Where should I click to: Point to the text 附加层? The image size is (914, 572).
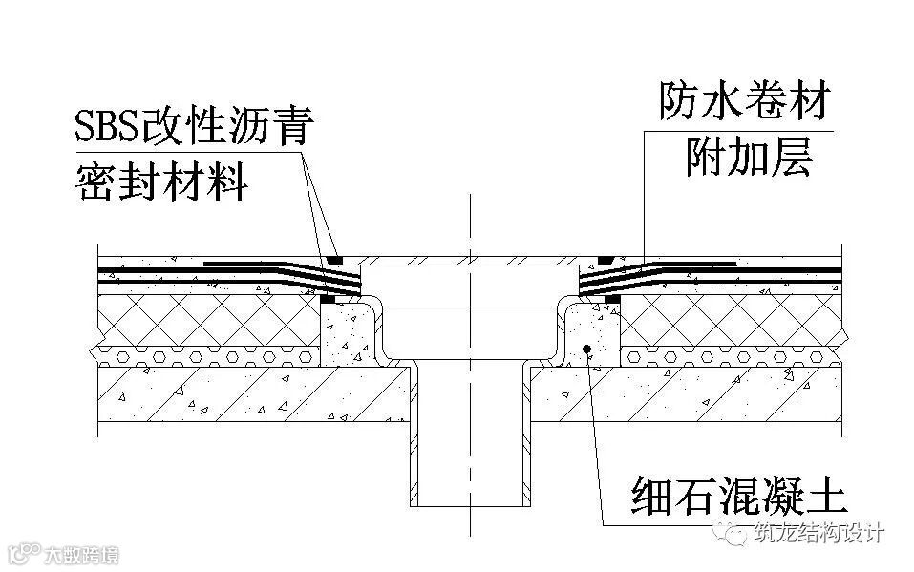click(x=748, y=158)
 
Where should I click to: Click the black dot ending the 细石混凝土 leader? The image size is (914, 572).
click(x=587, y=348)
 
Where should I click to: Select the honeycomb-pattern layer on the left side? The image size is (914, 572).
click(x=210, y=356)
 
